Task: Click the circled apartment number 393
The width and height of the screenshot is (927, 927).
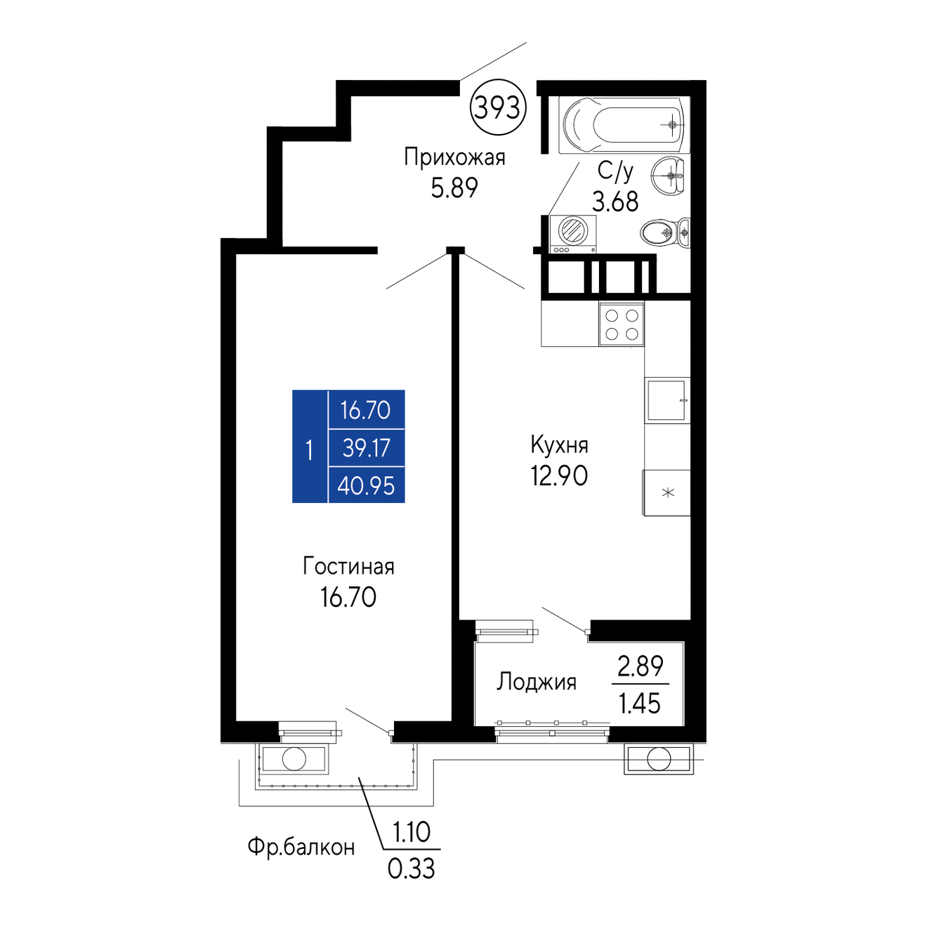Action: (498, 107)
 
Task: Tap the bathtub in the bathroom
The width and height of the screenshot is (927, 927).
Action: (624, 125)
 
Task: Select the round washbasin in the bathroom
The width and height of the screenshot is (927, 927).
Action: (668, 176)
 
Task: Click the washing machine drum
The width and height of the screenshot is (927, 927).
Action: (572, 230)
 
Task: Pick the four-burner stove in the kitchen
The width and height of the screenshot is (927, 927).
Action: (621, 324)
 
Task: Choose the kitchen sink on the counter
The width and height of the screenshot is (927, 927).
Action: (666, 400)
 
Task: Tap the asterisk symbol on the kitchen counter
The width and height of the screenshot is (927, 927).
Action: (668, 492)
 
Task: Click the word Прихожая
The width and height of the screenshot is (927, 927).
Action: (454, 158)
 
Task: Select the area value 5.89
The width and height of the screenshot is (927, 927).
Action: (454, 188)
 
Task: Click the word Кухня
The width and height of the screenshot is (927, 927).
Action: (559, 445)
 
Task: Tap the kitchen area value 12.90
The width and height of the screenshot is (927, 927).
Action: (559, 475)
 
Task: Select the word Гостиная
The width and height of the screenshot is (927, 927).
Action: (348, 567)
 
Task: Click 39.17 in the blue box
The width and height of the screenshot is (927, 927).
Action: (366, 448)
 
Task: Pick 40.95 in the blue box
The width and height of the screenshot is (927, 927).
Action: (366, 486)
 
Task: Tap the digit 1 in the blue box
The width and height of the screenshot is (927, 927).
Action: (309, 451)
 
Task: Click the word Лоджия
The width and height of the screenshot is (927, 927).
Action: (537, 682)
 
